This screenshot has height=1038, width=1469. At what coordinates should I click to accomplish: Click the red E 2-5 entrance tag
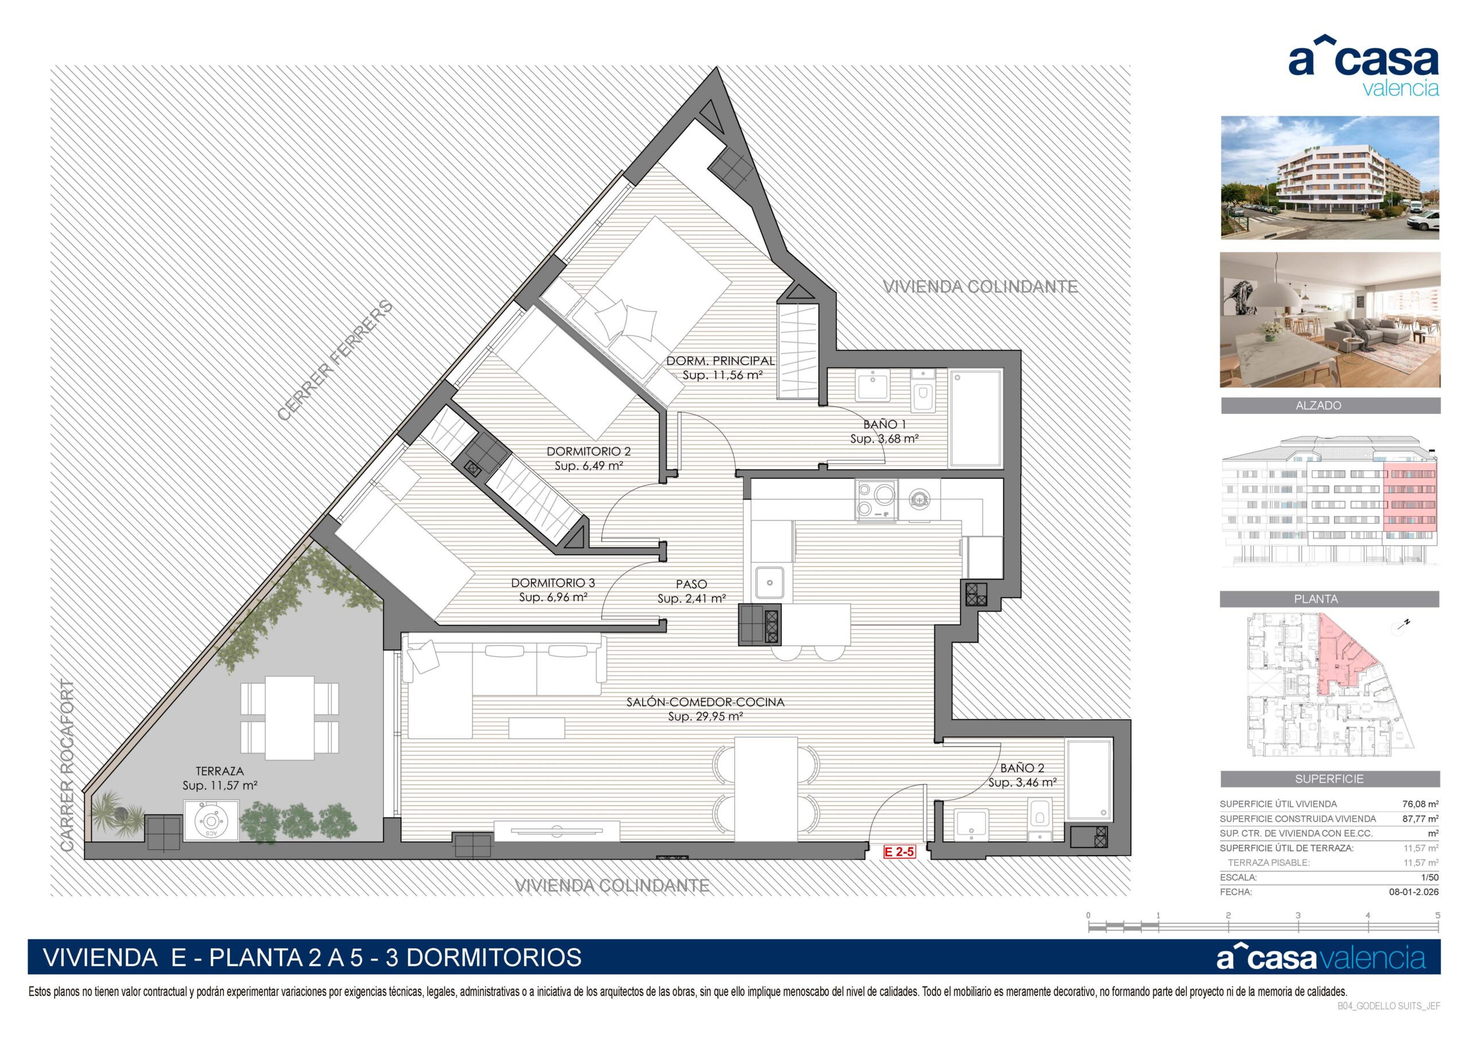click(900, 851)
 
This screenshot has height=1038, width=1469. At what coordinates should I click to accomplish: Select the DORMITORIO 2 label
click(589, 451)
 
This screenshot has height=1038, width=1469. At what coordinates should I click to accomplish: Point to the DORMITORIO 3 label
click(553, 583)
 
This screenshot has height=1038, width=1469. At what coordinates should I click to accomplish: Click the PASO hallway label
click(691, 584)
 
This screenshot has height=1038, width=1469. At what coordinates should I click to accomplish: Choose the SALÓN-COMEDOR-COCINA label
click(705, 701)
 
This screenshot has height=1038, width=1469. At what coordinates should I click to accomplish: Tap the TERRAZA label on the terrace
click(219, 771)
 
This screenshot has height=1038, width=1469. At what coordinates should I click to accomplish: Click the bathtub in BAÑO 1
click(976, 418)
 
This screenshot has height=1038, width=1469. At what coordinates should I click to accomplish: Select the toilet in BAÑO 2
click(1039, 820)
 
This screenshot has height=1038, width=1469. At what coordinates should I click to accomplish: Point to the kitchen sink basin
click(770, 583)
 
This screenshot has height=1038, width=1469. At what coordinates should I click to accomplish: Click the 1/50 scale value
click(1429, 877)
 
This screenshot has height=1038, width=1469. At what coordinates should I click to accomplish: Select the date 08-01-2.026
click(1414, 892)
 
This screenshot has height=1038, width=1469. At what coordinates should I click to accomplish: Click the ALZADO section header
click(1318, 405)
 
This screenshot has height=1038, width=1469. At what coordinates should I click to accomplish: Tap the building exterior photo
click(1330, 178)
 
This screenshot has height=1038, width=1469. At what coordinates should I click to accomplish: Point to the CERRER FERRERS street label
click(335, 360)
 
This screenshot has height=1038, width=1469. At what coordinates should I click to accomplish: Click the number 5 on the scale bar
click(1437, 915)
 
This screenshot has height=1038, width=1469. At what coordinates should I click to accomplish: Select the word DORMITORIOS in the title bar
click(494, 957)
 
